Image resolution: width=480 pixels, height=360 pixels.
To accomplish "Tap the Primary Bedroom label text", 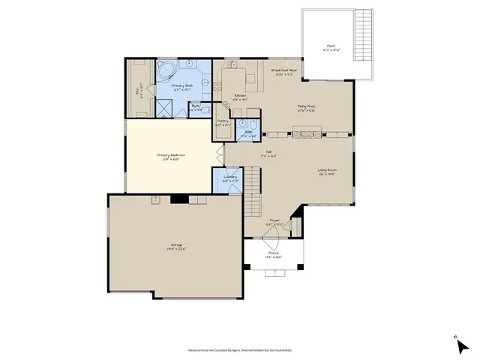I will point(170,157).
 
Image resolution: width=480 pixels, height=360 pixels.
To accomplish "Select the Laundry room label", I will point(230,178).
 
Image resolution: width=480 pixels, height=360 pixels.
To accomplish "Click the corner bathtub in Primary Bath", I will point(166,73).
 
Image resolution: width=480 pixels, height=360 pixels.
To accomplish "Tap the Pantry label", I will point(223,122).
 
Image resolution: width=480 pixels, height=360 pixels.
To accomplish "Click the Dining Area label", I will point(307,107).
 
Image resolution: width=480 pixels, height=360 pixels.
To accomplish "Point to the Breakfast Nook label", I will point(286,71).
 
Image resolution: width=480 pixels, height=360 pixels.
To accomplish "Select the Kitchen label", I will point(241,96).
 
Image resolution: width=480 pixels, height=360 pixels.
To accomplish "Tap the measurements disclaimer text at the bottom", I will point(240,349).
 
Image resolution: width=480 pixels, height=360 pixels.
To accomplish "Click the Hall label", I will point(264,154).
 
